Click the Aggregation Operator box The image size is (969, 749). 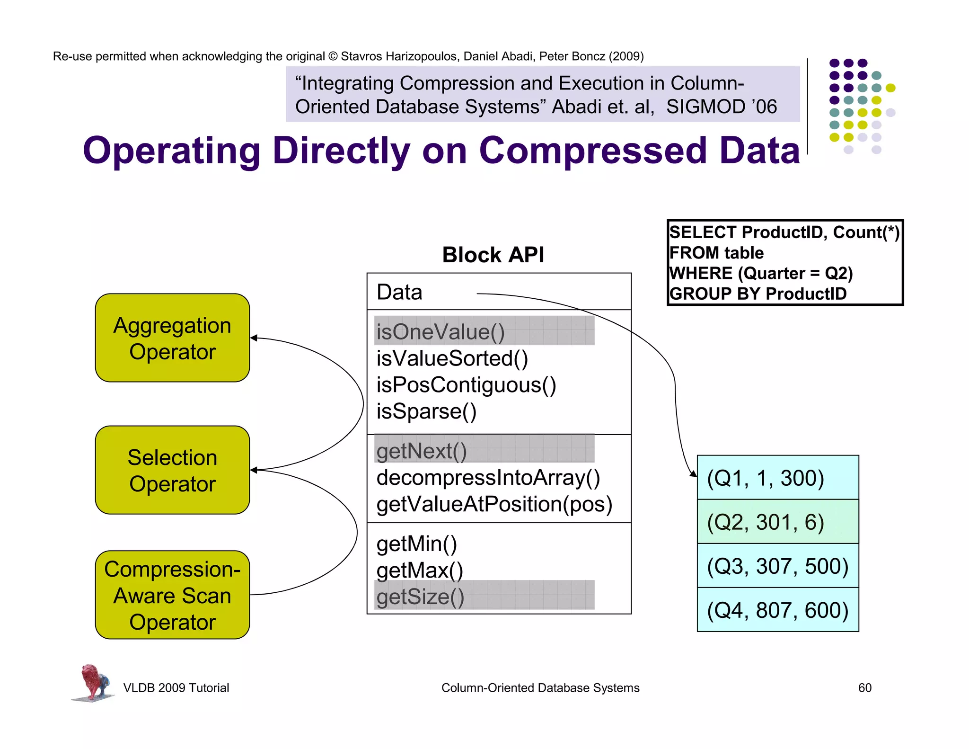[172, 338]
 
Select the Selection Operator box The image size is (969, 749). [172, 470]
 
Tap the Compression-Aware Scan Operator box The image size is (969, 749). [172, 595]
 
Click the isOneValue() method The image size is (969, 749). [440, 331]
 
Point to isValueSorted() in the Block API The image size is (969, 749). [452, 358]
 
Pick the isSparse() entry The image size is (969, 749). [426, 411]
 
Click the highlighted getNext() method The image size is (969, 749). [422, 451]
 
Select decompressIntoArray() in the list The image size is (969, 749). [488, 478]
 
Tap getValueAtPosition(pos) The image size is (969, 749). [494, 504]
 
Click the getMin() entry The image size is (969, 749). [416, 544]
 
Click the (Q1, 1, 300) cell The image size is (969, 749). [777, 478]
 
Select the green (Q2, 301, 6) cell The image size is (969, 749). [777, 522]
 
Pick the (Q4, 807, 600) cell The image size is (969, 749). [777, 610]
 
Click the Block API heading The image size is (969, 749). [493, 255]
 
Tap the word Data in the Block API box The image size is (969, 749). [399, 292]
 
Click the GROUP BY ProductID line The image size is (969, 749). [758, 294]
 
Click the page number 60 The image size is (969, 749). [864, 687]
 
